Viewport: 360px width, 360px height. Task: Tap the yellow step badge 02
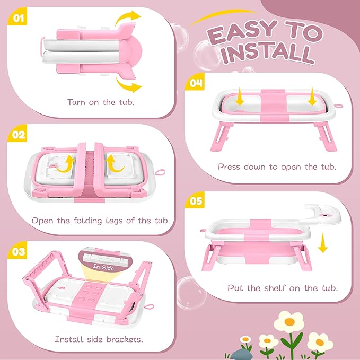pyautogui.click(x=18, y=135)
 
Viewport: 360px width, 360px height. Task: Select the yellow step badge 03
pyautogui.click(x=18, y=251)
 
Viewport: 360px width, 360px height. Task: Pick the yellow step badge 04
pyautogui.click(x=196, y=83)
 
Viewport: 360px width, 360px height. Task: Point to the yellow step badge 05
pyautogui.click(x=196, y=201)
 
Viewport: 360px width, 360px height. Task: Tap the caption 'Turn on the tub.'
pyautogui.click(x=100, y=101)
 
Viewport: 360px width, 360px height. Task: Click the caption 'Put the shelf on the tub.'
pyautogui.click(x=283, y=288)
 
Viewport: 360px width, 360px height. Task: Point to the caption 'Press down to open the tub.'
pyautogui.click(x=277, y=166)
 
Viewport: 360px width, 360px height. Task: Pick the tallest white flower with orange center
pyautogui.click(x=289, y=321)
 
